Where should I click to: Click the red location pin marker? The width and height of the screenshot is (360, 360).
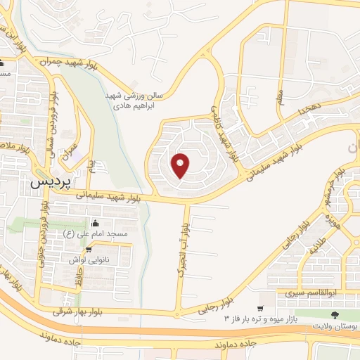pyautogui.click(x=181, y=165)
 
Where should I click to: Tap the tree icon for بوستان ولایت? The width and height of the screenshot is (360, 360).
pyautogui.click(x=335, y=316)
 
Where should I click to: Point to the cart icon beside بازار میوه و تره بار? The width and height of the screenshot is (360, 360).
pyautogui.click(x=260, y=309)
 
